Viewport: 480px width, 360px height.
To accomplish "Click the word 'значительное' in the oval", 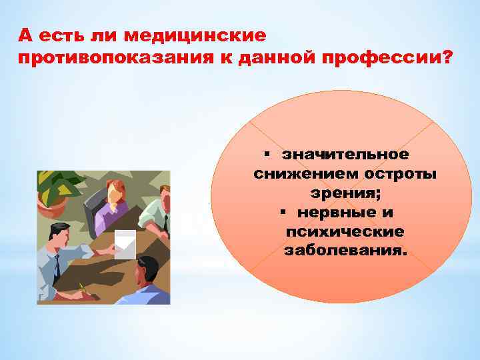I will tap(345, 155).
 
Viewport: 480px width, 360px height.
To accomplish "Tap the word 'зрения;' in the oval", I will tap(344, 193).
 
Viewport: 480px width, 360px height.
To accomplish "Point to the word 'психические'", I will tap(344, 232).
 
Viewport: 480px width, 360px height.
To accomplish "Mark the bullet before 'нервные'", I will tap(283, 213).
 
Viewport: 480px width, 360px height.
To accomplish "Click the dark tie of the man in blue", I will tap(57, 266).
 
